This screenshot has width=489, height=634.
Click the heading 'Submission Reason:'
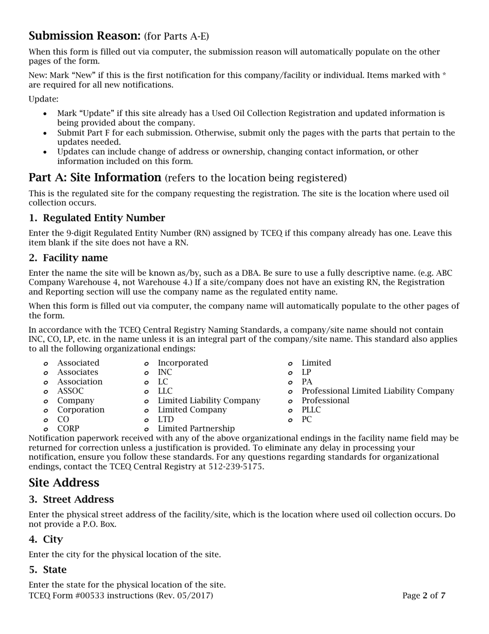pos(84,36)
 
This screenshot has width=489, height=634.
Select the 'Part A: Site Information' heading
pos(95,178)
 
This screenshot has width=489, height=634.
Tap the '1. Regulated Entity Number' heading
pos(97,218)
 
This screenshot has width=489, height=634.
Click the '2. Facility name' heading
pos(68,258)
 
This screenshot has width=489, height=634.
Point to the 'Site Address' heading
pos(64,483)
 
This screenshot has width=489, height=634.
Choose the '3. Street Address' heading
pos(71,499)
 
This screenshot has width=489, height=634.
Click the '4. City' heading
pos(46,540)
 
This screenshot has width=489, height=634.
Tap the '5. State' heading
pos(47,570)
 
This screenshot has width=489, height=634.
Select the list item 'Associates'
pos(77,372)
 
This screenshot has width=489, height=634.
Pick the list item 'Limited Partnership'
pos(196,428)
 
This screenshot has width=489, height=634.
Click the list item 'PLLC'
pos(311,410)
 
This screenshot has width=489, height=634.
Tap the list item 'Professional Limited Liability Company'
pos(377,391)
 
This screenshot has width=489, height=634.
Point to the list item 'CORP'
pos(68,428)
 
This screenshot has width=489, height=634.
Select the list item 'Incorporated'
pos(183,363)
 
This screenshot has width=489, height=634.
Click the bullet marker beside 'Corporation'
pos(46,410)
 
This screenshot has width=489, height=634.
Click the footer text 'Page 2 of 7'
pos(424,596)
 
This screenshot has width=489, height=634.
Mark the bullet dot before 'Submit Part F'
pos(46,133)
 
